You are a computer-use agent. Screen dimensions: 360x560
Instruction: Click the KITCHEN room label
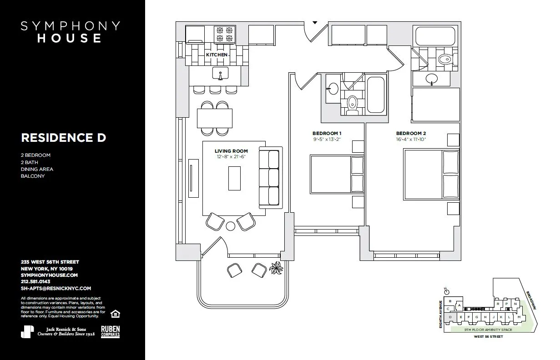pyautogui.click(x=217, y=55)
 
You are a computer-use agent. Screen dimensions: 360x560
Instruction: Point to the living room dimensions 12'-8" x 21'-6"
pyautogui.click(x=231, y=157)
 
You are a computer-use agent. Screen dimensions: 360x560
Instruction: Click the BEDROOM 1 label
pyautogui.click(x=327, y=133)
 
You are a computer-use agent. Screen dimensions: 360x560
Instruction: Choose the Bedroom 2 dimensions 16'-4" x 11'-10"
pyautogui.click(x=411, y=140)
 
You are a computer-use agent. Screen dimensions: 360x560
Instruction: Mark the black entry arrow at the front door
pyautogui.click(x=314, y=22)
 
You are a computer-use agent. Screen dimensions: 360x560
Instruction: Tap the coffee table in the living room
pyautogui.click(x=234, y=178)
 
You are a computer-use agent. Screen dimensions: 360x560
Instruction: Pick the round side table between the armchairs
pyautogui.click(x=231, y=225)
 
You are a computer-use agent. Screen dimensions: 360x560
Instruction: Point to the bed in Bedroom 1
pyautogui.click(x=331, y=174)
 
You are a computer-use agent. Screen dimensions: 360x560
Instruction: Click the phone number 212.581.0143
pyautogui.click(x=36, y=282)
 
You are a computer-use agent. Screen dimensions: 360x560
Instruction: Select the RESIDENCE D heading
pyautogui.click(x=63, y=137)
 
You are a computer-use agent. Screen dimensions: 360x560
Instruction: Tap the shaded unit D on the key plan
pyautogui.click(x=449, y=317)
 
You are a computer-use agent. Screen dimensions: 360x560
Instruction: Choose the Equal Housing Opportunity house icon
pyautogui.click(x=116, y=314)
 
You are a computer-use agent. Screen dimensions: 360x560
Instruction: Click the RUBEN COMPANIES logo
pyautogui.click(x=110, y=332)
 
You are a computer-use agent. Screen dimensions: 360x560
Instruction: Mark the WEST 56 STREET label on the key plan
pyautogui.click(x=488, y=337)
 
